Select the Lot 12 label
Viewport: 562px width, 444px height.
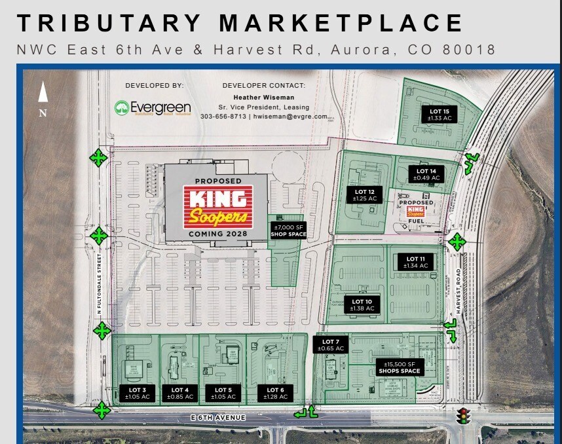pyautogui.click(x=362, y=194)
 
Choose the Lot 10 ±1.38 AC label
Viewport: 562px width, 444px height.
pyautogui.click(x=362, y=305)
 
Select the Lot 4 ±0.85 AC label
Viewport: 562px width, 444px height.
pyautogui.click(x=180, y=394)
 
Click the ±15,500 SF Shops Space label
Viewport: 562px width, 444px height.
pyautogui.click(x=398, y=367)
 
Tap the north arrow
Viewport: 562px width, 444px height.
pyautogui.click(x=43, y=93)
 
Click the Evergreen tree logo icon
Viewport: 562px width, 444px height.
pyautogui.click(x=121, y=107)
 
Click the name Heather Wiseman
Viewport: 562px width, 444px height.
pyautogui.click(x=263, y=97)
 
